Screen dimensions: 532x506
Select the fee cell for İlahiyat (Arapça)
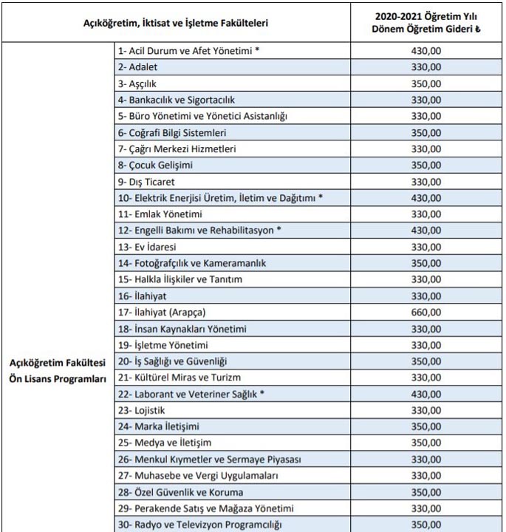[425, 313]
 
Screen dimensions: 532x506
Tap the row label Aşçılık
[137, 83]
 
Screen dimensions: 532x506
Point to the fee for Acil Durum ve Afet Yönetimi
[425, 51]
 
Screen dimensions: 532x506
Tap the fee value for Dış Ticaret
[425, 182]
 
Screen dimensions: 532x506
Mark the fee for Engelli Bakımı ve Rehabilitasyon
[425, 231]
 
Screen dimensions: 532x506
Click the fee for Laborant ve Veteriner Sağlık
[425, 394]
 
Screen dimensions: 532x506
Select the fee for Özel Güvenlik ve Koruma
[425, 491]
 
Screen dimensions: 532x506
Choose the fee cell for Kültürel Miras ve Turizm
[425, 378]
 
